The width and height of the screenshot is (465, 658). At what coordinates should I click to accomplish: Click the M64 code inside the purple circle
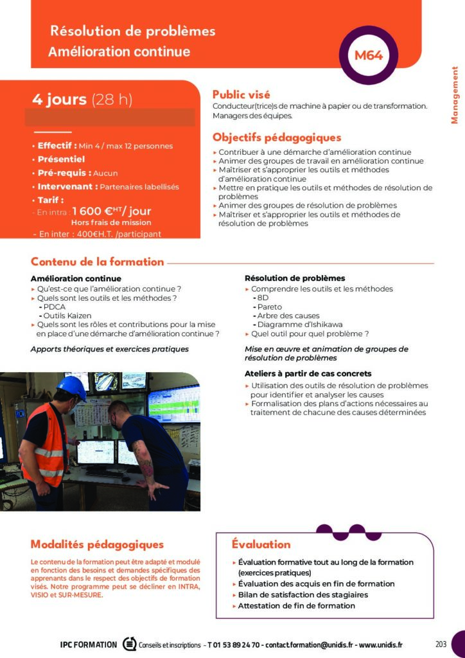[369, 55]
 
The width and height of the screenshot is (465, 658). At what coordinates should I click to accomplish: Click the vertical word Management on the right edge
[455, 94]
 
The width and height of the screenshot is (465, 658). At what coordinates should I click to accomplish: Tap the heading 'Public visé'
[241, 94]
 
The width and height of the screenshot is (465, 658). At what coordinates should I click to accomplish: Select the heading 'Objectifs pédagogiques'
[277, 138]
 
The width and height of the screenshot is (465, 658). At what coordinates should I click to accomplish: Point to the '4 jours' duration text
[59, 100]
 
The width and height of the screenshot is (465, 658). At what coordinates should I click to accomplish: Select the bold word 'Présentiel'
[61, 159]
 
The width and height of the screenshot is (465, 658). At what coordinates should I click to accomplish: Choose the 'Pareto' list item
[269, 307]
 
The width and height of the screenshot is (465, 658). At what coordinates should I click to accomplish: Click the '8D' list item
[263, 298]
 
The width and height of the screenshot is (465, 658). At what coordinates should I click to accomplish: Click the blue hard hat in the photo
[72, 387]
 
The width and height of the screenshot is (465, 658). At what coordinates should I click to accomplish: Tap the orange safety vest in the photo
[44, 444]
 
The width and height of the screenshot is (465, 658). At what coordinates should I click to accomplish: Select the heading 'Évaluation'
[261, 544]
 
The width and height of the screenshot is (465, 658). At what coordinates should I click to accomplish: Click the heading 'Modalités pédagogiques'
[97, 544]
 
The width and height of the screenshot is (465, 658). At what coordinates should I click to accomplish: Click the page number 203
[441, 645]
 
